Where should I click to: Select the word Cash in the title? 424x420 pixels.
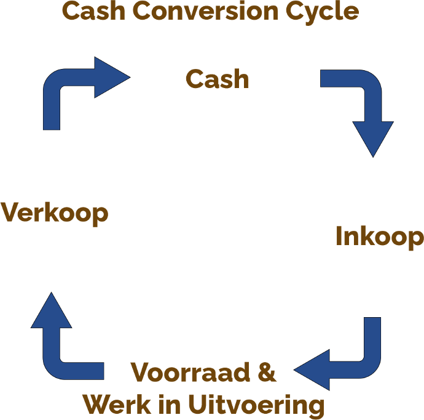coord(92,11)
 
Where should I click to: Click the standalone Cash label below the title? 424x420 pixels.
coord(218,79)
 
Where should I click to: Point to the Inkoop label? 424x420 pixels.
coord(379,237)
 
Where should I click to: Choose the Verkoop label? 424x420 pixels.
coord(54,213)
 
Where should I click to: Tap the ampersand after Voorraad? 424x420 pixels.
coord(265,373)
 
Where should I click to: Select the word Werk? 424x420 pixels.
coord(116,405)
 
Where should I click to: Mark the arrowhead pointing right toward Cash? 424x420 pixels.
coord(111,78)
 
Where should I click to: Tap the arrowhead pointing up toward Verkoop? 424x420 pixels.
coord(51,311)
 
